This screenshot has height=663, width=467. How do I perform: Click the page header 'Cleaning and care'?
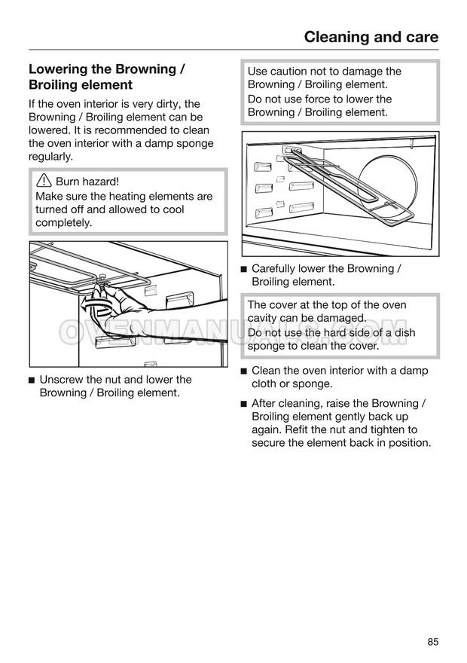371,37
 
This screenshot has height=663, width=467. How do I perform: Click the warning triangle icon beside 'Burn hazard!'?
43,182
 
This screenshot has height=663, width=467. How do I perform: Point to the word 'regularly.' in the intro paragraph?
50,157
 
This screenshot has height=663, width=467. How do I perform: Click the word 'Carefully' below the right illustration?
276,269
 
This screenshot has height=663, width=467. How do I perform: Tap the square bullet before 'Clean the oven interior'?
243,371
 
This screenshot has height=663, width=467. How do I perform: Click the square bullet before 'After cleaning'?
243,404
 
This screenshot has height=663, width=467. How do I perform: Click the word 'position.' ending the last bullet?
407,443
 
